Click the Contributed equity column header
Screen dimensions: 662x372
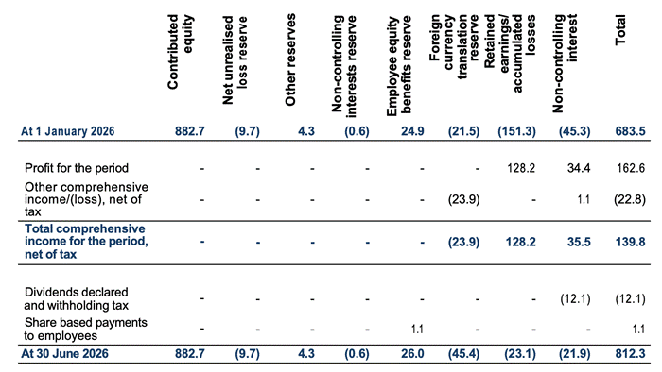tap(181, 51)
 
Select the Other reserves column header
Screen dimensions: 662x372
tap(290, 59)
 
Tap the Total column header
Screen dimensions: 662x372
tap(619, 30)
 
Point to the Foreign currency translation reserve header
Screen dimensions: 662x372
tap(454, 46)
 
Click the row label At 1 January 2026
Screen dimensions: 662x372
tap(67, 131)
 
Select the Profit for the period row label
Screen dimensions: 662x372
tap(77, 168)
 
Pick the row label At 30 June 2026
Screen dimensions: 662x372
tap(64, 353)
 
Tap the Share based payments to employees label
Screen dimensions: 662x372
tap(86, 329)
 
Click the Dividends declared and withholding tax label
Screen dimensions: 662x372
tap(76, 298)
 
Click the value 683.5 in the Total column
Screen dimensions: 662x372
tap(630, 131)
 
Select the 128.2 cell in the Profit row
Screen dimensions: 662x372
tap(521, 168)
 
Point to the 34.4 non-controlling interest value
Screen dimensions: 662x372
tap(579, 168)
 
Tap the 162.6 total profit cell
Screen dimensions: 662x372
tap(631, 168)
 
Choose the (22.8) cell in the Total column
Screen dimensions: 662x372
tap(630, 199)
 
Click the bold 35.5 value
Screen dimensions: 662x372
tap(579, 243)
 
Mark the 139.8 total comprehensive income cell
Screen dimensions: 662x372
tap(630, 243)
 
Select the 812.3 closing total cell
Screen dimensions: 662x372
tap(630, 353)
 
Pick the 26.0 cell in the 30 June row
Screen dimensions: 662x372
tap(412, 353)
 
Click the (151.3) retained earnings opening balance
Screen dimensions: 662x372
tap(516, 131)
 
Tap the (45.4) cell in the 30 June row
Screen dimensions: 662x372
tap(463, 353)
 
